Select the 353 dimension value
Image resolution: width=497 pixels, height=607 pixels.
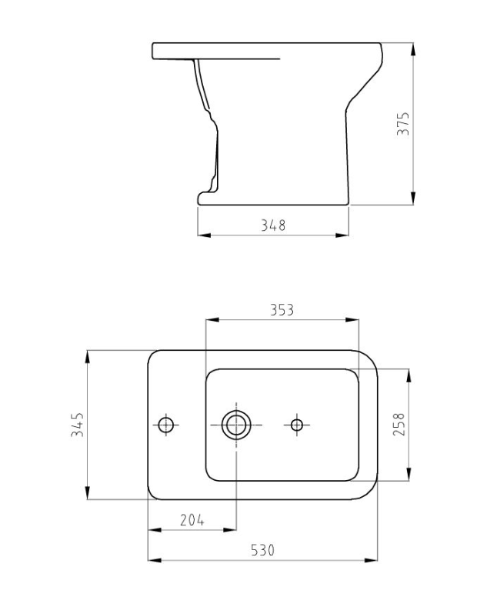pos(282,310)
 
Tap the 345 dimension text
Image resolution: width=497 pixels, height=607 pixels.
pos(78,425)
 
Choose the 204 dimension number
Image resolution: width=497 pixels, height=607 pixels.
pos(192,520)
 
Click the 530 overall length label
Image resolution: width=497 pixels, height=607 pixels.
pos(262,550)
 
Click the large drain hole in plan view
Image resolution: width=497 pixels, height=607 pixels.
pos(235,424)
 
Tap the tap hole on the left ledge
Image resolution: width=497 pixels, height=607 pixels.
pos(166,424)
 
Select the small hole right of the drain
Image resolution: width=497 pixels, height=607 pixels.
pos(297,424)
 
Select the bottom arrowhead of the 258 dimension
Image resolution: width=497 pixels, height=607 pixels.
pos(408,476)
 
